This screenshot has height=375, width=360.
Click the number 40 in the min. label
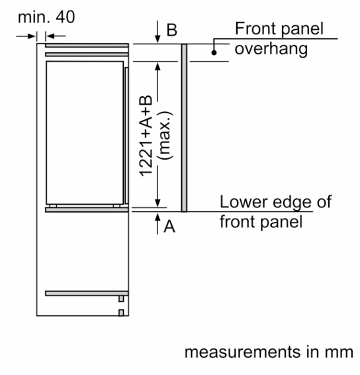coord(66,17)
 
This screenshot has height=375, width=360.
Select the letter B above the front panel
coord(172,30)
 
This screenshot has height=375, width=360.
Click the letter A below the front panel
coord(169,226)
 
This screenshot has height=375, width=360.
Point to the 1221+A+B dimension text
coord(146,136)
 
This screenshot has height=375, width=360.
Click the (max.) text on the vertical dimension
coord(165,135)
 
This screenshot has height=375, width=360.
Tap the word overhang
coord(271,49)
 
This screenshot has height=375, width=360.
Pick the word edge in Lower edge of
coord(292,203)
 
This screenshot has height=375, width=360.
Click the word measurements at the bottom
coord(242,352)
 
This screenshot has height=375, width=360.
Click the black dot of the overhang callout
coord(214,52)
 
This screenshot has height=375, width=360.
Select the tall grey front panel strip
coord(184,128)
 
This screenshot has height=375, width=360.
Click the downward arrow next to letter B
coord(157,32)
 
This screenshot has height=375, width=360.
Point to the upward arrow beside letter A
coord(157,224)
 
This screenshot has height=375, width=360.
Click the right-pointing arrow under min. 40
coord(26,36)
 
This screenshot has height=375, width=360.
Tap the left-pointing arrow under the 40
coord(56,36)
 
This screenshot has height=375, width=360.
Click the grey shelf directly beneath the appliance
coord(87,210)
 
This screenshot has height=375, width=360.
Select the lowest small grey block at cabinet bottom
coord(121,313)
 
